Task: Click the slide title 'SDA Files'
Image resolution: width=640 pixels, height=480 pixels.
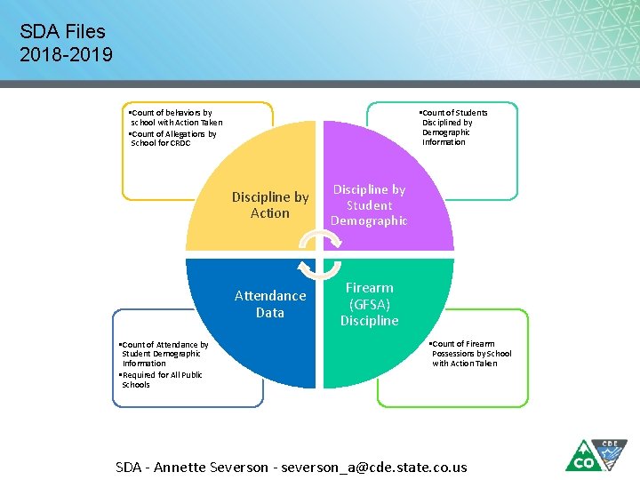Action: pyautogui.click(x=62, y=33)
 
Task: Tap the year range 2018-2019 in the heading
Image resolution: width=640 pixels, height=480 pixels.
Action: pyautogui.click(x=67, y=55)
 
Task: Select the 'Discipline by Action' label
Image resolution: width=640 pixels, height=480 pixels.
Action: pyautogui.click(x=270, y=205)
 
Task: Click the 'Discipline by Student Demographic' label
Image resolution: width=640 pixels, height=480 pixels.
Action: pyautogui.click(x=369, y=205)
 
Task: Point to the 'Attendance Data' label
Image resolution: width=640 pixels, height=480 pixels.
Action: pyautogui.click(x=270, y=304)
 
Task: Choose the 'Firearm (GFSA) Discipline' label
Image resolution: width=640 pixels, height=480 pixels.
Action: pyautogui.click(x=369, y=304)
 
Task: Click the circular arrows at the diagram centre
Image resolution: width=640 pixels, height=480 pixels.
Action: pyautogui.click(x=319, y=254)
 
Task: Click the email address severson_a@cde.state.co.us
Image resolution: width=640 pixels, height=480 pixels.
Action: pyautogui.click(x=372, y=468)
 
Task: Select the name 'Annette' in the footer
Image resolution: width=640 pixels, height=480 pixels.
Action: pyautogui.click(x=183, y=468)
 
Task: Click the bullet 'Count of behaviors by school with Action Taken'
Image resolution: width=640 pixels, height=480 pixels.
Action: pyautogui.click(x=174, y=118)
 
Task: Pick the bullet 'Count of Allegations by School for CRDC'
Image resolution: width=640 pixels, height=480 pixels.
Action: pyautogui.click(x=172, y=139)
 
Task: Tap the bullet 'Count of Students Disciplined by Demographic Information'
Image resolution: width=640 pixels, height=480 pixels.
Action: pyautogui.click(x=453, y=127)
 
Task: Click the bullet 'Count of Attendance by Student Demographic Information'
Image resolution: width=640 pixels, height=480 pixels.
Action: pyautogui.click(x=164, y=354)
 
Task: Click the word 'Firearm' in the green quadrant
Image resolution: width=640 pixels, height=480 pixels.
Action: pyautogui.click(x=369, y=288)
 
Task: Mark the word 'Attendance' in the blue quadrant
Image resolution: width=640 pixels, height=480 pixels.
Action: pyautogui.click(x=270, y=296)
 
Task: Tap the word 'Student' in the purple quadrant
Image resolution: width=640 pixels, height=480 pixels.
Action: pyautogui.click(x=369, y=205)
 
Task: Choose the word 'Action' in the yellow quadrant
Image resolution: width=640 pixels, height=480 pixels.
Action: pyautogui.click(x=270, y=213)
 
